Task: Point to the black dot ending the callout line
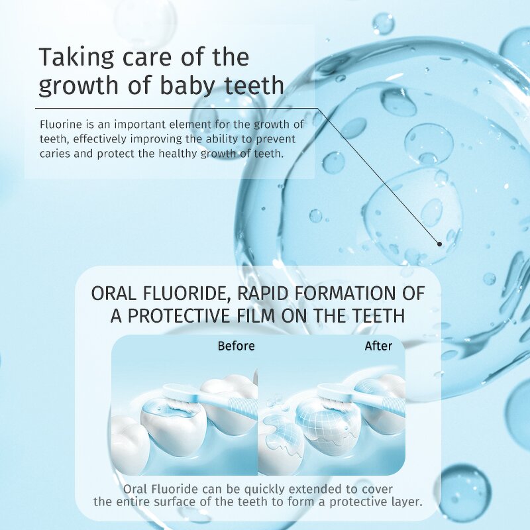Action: (x=439, y=244)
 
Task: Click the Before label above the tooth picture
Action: (x=236, y=346)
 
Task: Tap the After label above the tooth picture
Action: (x=378, y=346)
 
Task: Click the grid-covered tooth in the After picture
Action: (x=324, y=424)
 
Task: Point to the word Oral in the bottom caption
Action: (x=135, y=490)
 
